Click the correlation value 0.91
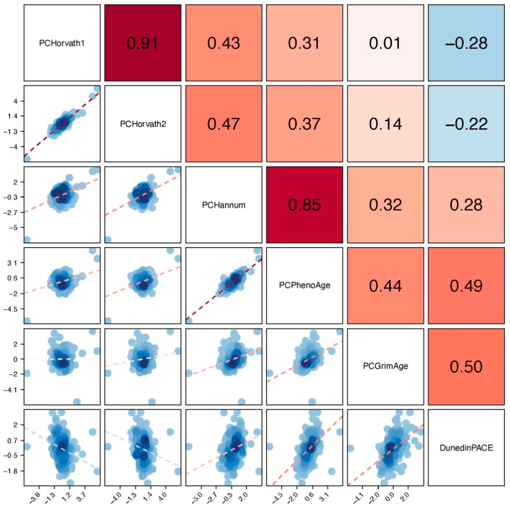(x=143, y=43)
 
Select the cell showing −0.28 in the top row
(x=466, y=43)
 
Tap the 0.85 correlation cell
(x=304, y=205)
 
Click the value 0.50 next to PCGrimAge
(x=466, y=367)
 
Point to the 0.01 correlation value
(x=385, y=43)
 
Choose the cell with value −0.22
(x=466, y=124)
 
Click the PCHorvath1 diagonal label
(x=62, y=43)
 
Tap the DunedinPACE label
(x=466, y=448)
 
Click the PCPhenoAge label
(x=304, y=285)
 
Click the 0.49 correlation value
(x=466, y=286)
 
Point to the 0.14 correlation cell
(x=385, y=124)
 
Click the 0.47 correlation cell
(x=224, y=124)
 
